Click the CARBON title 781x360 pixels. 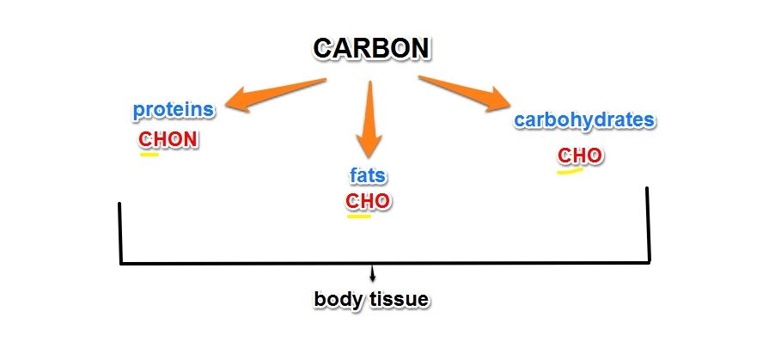371,48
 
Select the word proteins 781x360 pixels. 173,110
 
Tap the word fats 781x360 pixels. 368,176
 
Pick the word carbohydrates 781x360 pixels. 584,119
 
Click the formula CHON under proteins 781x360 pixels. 168,139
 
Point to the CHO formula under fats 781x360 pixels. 368,201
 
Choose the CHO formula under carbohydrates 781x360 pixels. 580,156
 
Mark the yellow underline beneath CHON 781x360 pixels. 149,155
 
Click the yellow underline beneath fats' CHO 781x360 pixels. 358,216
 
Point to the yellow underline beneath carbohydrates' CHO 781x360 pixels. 570,170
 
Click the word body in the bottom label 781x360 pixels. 336,300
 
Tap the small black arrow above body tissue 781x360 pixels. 372,275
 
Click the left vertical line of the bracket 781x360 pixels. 119,232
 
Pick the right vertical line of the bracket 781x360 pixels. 648,223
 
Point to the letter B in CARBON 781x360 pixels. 378,48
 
